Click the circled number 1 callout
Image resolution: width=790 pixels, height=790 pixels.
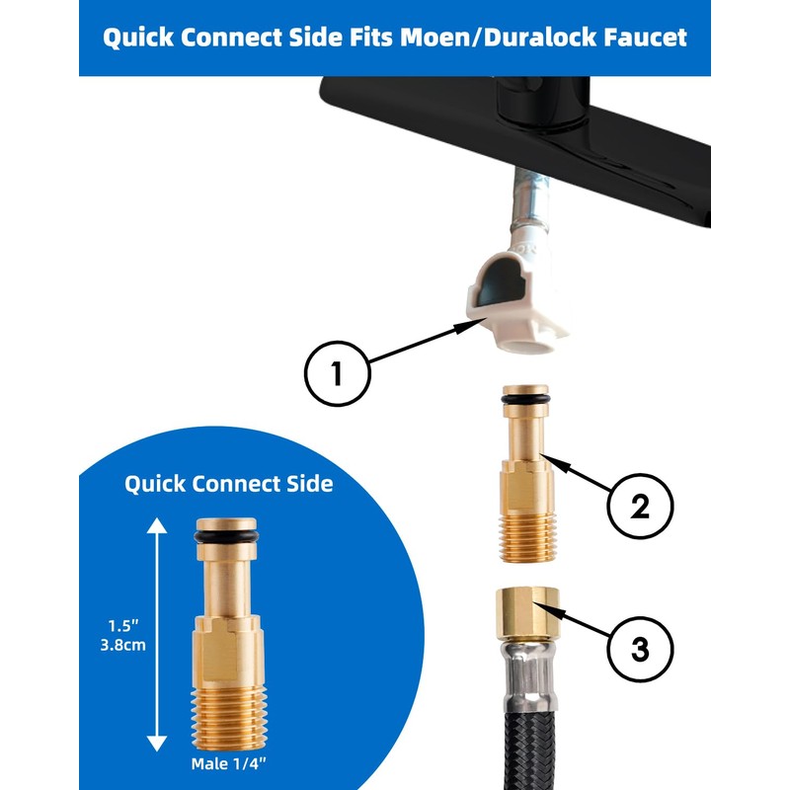(337, 373)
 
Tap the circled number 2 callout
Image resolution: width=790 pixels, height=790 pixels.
(640, 506)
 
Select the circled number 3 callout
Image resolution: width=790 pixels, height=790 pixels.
(640, 649)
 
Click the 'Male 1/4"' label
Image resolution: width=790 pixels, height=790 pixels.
(228, 763)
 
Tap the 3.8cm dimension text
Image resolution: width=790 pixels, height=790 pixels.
(122, 645)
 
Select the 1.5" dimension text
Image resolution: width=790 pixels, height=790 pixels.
(122, 625)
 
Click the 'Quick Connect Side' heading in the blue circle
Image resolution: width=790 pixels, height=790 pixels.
(229, 484)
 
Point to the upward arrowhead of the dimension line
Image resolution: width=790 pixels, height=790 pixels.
(157, 525)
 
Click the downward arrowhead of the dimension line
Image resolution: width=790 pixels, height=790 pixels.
(157, 744)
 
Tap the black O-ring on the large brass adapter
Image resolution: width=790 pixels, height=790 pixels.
(226, 537)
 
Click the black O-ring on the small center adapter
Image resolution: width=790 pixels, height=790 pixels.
(525, 400)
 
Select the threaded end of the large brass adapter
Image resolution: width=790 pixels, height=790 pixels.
(229, 718)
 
